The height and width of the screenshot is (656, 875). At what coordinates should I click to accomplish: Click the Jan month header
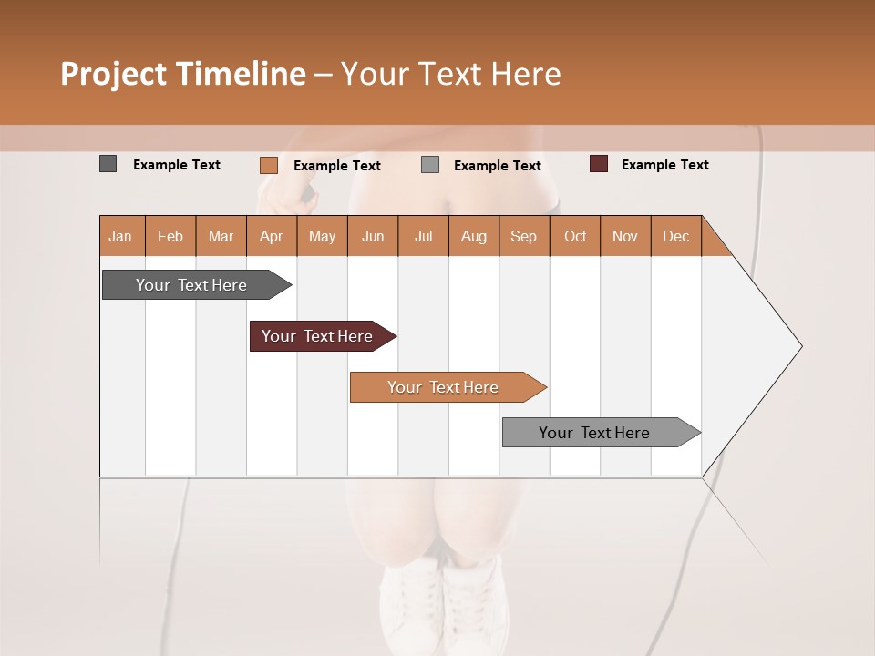point(120,236)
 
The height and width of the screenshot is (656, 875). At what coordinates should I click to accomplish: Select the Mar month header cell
point(221,236)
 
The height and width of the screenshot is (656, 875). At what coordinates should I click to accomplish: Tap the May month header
point(322,236)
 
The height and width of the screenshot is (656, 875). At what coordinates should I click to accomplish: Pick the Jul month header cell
point(423,236)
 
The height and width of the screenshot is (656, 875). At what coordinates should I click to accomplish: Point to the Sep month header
point(523,236)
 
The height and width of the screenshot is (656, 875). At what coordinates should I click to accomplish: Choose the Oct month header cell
point(575,236)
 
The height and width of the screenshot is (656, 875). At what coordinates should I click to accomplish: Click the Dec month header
point(675,236)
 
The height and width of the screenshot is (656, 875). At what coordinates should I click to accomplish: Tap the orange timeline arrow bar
point(444,387)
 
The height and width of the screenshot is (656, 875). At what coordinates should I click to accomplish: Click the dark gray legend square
point(108,164)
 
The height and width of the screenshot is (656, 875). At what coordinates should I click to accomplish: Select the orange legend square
point(268,165)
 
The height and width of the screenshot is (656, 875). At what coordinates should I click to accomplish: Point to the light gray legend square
point(430,165)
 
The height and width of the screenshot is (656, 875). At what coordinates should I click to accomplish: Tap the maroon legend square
point(599,164)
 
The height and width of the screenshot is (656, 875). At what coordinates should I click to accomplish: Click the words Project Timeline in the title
point(183,74)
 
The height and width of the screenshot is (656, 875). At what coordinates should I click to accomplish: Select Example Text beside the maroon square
point(664,165)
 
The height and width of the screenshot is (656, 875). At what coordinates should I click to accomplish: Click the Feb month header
point(170,236)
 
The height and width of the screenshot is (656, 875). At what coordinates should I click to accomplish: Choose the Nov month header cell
point(625,236)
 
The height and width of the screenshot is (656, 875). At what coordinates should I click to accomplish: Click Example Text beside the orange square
point(336,166)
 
